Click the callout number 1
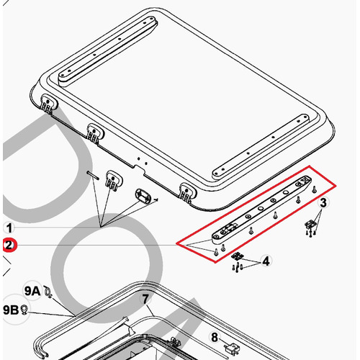point(9,228)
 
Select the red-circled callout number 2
point(9,246)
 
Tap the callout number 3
point(323,203)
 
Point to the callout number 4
point(266,261)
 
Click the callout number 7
point(145,300)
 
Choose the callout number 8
point(215,338)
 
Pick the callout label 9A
point(32,291)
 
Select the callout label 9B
point(11,310)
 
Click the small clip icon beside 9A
point(48,292)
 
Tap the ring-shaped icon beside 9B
point(24,310)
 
